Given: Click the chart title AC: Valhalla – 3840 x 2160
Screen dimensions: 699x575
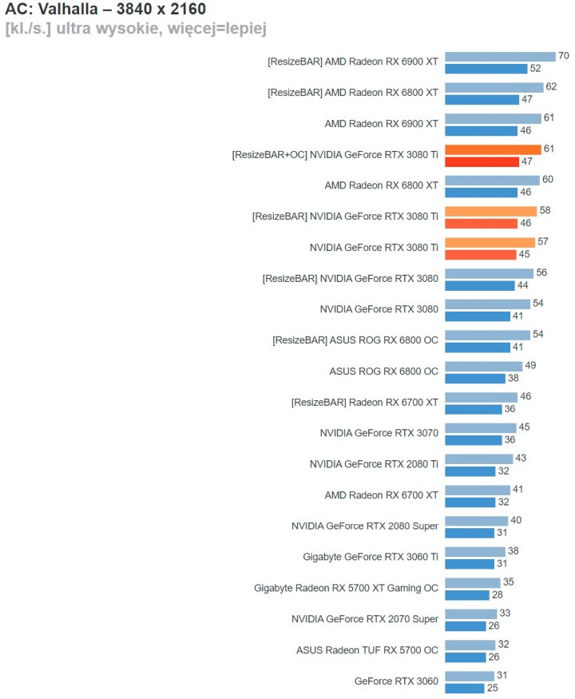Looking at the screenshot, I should (105, 9).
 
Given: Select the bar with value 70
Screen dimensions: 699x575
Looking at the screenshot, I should (500, 57).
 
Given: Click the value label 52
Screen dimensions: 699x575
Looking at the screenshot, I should (534, 69).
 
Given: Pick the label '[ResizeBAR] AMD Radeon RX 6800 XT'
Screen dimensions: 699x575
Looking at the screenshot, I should (353, 93).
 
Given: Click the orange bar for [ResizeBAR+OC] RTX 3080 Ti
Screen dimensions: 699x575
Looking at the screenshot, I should (493, 149).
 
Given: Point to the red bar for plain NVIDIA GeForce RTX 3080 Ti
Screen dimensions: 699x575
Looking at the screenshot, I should (481, 255).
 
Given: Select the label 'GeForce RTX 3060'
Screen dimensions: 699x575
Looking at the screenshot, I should (396, 681).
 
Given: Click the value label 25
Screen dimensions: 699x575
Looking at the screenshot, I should (492, 688).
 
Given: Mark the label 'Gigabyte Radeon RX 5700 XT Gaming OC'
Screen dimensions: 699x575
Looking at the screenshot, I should (346, 589).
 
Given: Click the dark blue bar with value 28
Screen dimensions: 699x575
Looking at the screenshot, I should (467, 595).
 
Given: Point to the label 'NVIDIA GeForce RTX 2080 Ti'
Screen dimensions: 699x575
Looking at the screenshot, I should (374, 464).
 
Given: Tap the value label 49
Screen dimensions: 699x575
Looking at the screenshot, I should (529, 366).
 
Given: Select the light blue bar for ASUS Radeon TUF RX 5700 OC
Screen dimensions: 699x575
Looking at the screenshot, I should (469, 645).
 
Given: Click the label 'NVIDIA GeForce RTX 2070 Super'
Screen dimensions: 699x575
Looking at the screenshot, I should (365, 619).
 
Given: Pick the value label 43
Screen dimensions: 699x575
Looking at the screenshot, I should (521, 459).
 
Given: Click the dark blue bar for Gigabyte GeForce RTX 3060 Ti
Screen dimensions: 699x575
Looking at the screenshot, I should (470, 564).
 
